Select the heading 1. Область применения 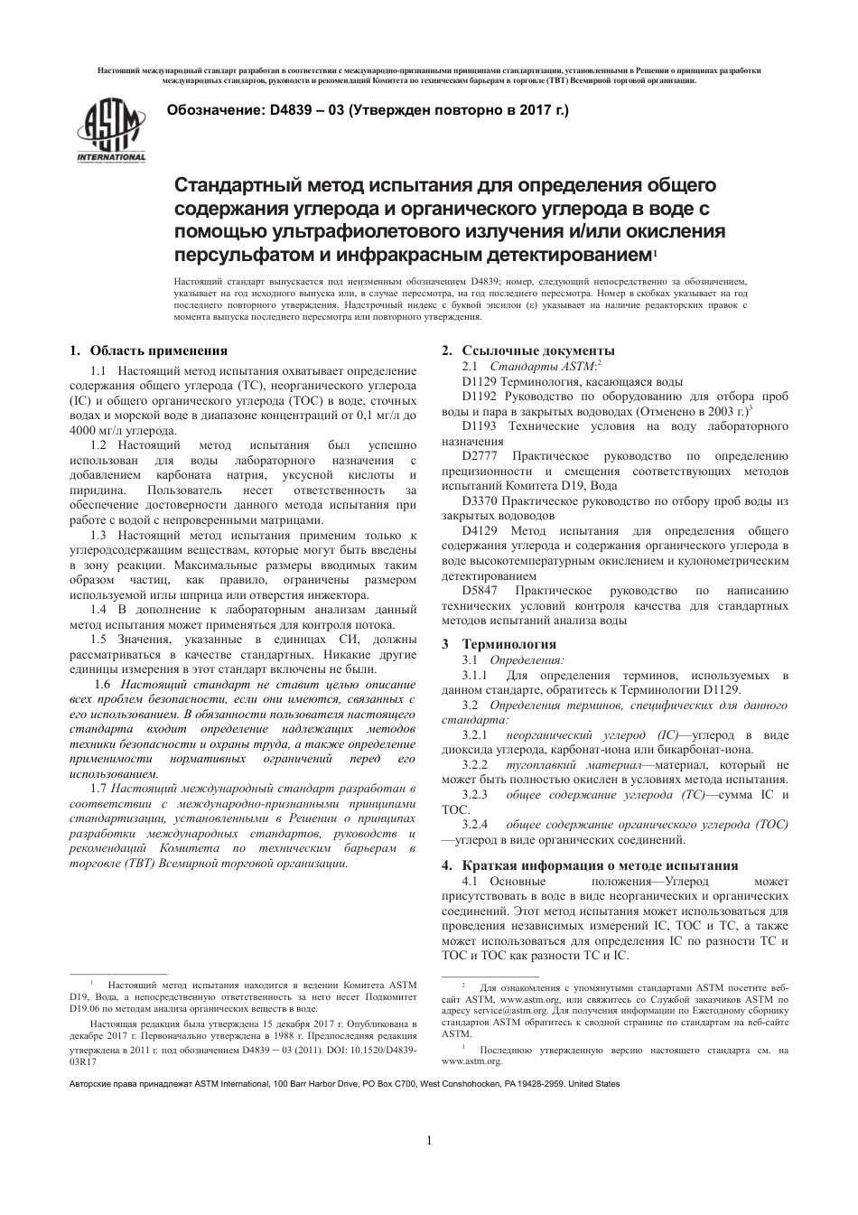[148, 350]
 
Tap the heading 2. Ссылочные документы [527, 350]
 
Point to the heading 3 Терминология [499, 644]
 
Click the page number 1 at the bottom [429, 1140]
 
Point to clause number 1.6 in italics [102, 685]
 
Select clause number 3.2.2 [474, 764]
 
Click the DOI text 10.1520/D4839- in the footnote [380, 1051]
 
